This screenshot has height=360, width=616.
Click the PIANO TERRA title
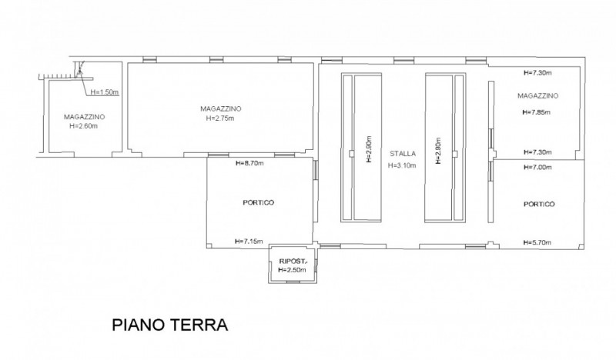pyautogui.click(x=169, y=325)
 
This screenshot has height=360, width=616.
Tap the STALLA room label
pyautogui.click(x=402, y=154)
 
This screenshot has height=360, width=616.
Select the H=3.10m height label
pyautogui.click(x=402, y=165)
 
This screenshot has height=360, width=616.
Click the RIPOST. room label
pyautogui.click(x=293, y=261)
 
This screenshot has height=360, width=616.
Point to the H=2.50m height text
pyautogui.click(x=292, y=270)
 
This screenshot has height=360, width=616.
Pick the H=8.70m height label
pyautogui.click(x=249, y=163)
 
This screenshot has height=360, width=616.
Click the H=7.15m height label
pyautogui.click(x=249, y=242)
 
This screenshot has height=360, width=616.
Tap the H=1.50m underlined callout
pyautogui.click(x=105, y=92)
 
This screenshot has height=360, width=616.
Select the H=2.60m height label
pyautogui.click(x=84, y=126)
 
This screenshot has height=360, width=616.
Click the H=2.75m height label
pyautogui.click(x=220, y=118)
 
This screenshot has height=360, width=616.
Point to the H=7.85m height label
pyautogui.click(x=536, y=112)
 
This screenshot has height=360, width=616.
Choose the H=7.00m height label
pyautogui.click(x=537, y=167)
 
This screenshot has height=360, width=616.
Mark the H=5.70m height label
pyautogui.click(x=537, y=242)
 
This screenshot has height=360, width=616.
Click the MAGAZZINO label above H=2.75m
pyautogui.click(x=221, y=108)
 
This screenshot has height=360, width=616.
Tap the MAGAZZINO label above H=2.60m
pyautogui.click(x=85, y=117)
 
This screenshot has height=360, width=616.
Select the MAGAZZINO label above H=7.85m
pyautogui.click(x=537, y=96)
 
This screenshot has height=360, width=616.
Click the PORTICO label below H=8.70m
pyautogui.click(x=259, y=202)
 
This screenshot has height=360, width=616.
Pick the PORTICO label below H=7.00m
pyautogui.click(x=540, y=204)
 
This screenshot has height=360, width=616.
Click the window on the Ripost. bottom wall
pyautogui.click(x=293, y=282)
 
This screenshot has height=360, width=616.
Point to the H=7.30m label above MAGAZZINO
pyautogui.click(x=537, y=72)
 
